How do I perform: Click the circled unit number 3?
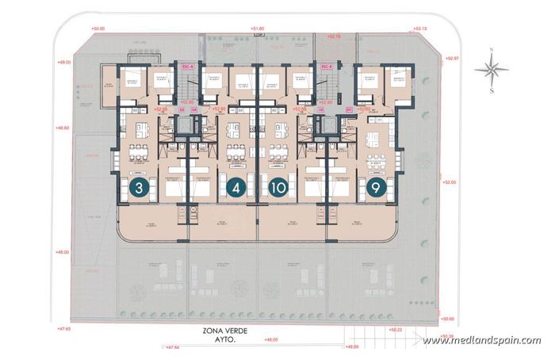tap(140, 188)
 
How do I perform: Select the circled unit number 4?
tap(234, 188)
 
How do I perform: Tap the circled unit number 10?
tap(278, 188)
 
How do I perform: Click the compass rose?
tap(492, 70)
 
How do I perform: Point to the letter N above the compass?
tap(492, 50)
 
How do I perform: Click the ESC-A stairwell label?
tap(188, 67)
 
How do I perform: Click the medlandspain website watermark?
tap(481, 341)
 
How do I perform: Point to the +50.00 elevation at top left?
tap(98, 29)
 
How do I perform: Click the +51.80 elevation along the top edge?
tap(256, 29)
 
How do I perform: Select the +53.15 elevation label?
tap(420, 29)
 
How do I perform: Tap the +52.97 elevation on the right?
tap(452, 58)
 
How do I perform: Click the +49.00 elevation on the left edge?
tap(63, 62)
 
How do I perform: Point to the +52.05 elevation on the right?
tap(450, 182)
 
